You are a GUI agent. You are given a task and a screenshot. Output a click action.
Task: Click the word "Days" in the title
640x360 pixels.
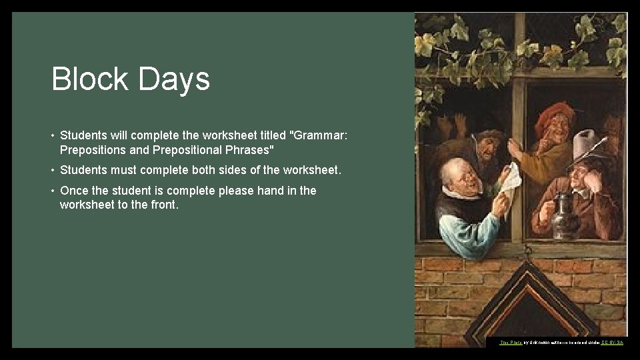click(174, 80)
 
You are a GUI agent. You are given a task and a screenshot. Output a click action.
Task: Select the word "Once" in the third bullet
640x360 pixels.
click(74, 191)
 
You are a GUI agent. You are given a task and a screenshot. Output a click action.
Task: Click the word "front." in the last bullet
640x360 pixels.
click(163, 205)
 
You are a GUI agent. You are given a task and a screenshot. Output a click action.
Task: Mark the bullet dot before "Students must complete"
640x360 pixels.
click(53, 170)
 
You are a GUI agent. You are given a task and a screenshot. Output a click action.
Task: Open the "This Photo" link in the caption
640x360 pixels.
click(511, 342)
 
